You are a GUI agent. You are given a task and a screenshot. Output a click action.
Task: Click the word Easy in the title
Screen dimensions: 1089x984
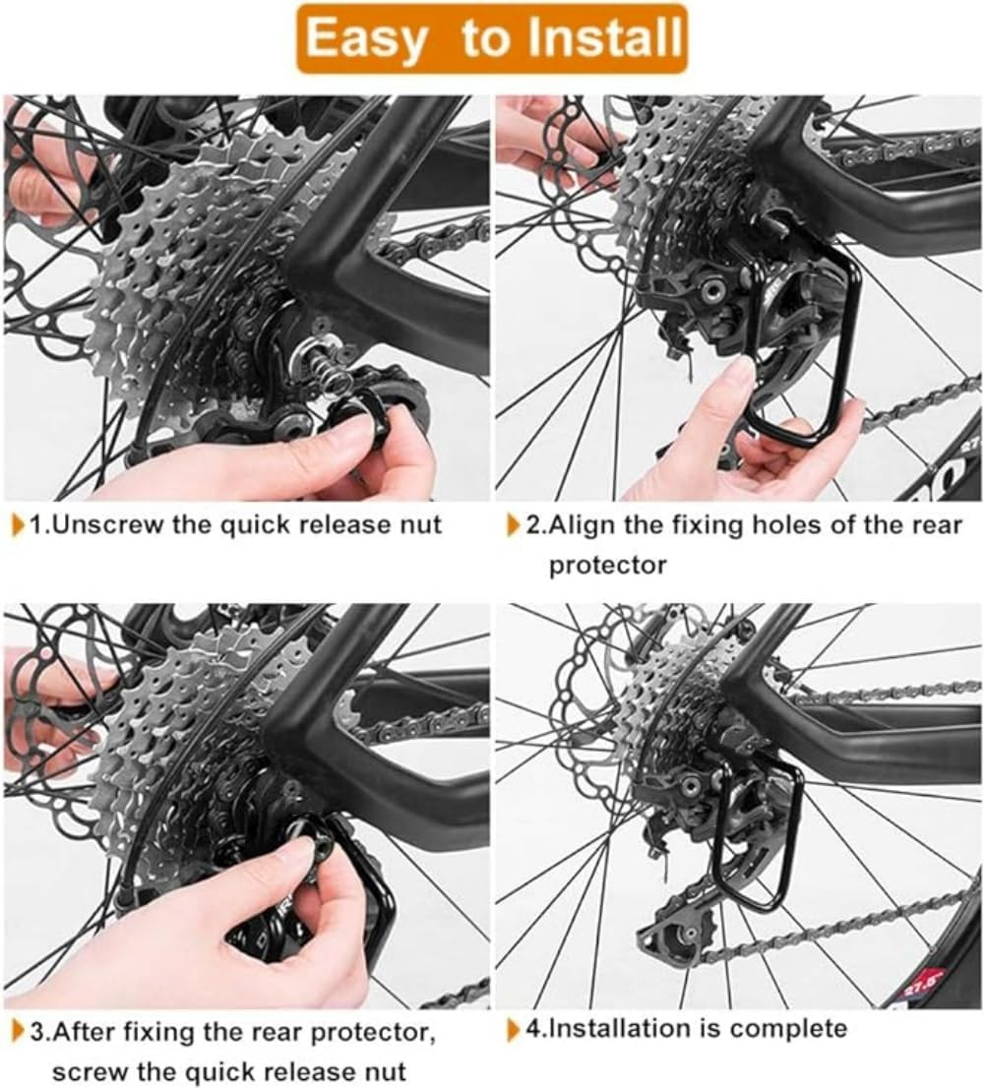point(366,38)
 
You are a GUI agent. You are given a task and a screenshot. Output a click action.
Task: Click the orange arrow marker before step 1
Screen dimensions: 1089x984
point(19,524)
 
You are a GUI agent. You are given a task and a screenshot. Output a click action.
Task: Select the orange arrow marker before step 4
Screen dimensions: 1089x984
point(513,1030)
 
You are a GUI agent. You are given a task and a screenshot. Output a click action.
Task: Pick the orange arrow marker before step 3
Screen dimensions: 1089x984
point(19,1033)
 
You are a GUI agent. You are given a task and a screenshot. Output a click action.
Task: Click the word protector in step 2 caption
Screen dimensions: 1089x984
point(607,565)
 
